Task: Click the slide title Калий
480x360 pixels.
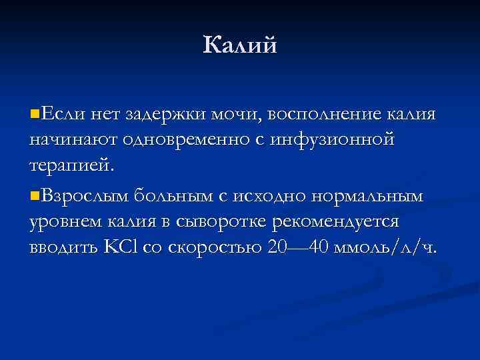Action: (239, 45)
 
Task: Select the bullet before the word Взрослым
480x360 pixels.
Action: (34, 195)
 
